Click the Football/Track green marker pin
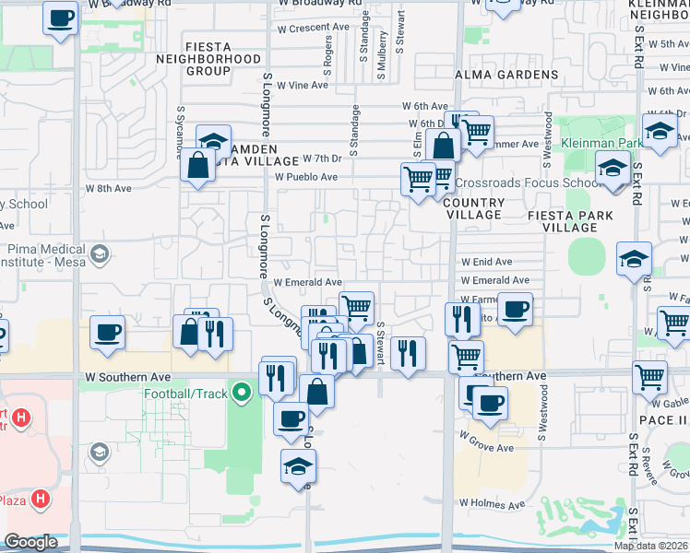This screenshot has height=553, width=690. tap(242, 394)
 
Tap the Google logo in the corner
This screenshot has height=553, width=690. tap(30, 542)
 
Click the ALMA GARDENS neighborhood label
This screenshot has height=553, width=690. tap(507, 75)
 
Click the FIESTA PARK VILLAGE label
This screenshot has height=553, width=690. tap(569, 221)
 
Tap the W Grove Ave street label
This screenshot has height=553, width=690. tap(487, 448)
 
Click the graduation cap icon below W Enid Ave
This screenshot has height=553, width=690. tap(634, 260)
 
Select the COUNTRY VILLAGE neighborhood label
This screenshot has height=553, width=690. tap(473, 208)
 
